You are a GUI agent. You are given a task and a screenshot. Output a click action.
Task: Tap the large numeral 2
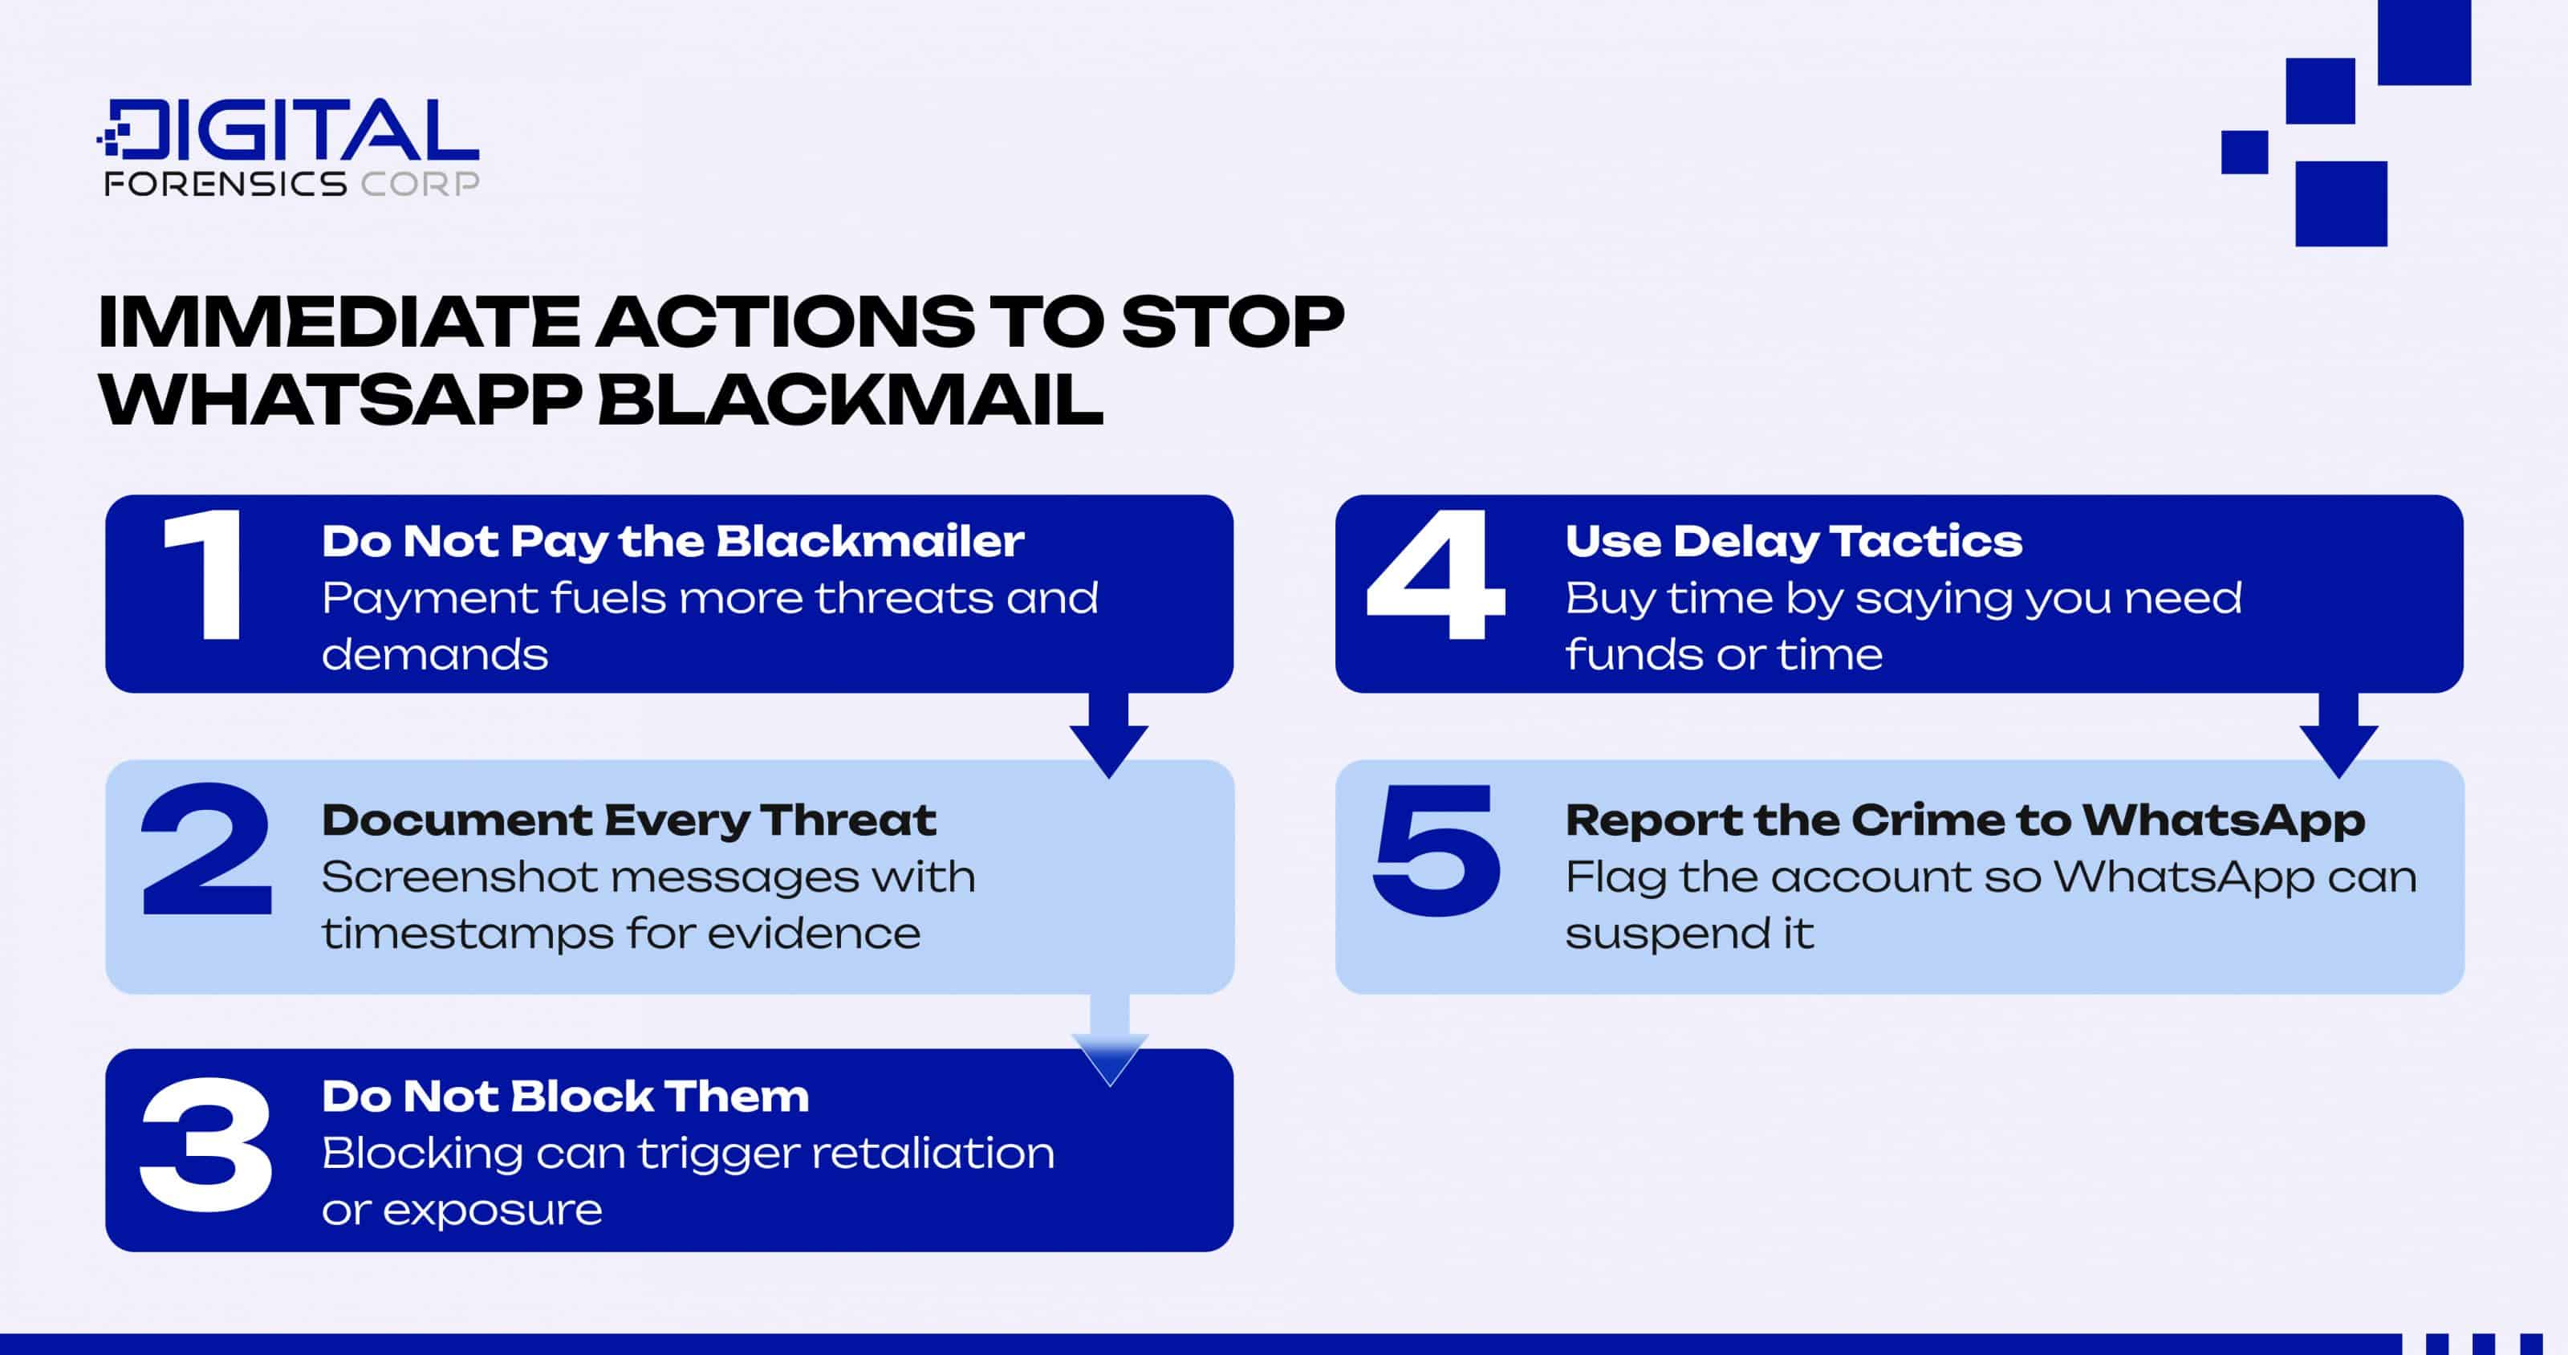[x=206, y=849]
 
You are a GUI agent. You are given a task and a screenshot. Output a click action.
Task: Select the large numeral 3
[x=205, y=1144]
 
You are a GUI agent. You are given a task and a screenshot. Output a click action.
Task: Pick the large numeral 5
[x=1436, y=849]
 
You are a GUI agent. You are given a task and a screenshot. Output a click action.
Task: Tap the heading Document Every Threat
[x=629, y=820]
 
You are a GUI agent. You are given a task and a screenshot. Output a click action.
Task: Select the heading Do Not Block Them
[x=565, y=1097]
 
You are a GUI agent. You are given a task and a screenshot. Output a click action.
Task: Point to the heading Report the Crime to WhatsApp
[x=1965, y=820]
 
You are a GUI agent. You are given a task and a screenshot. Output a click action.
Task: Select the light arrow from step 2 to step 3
[x=1110, y=1040]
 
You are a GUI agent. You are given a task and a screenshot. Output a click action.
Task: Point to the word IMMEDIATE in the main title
[x=339, y=321]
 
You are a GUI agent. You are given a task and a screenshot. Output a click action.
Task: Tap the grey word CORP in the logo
[x=420, y=184]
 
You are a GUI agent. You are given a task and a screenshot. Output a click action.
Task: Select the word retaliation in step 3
[x=933, y=1154]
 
